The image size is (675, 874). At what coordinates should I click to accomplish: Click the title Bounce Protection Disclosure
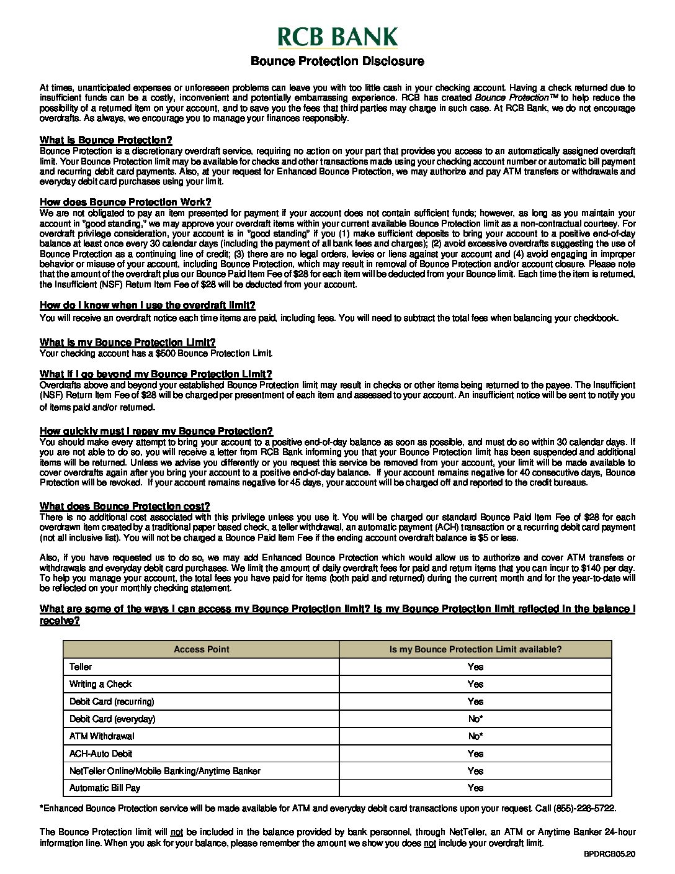coord(337,61)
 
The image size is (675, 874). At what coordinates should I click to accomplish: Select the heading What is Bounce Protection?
coord(105,140)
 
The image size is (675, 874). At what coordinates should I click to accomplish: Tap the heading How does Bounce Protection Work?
coord(125,202)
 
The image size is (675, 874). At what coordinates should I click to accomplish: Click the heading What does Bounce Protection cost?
coord(125,506)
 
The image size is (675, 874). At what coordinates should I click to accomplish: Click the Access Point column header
coord(201,649)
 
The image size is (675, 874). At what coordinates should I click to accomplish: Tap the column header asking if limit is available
coord(475,649)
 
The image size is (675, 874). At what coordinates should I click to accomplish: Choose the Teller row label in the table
coord(81,667)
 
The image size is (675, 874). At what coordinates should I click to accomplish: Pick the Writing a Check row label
coord(101,684)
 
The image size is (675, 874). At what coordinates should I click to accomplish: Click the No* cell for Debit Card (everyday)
coord(475,719)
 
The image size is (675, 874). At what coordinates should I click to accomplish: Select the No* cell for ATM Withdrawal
coord(475,736)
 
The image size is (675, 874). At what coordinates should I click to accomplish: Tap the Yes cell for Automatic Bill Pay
coord(475,788)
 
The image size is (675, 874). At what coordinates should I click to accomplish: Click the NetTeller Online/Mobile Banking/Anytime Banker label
coord(165,771)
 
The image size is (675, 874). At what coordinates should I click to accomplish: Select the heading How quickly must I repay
coord(156,431)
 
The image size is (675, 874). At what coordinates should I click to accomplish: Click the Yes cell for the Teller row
coord(475,667)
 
